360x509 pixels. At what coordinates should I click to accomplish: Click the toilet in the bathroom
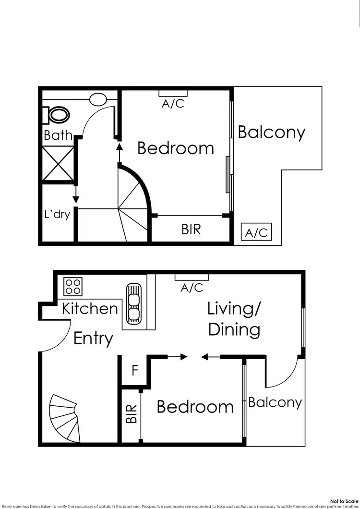[x=58, y=115]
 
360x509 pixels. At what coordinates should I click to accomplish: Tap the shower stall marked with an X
[x=58, y=164]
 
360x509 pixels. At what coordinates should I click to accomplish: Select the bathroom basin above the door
[x=98, y=99]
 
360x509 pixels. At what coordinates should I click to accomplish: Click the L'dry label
[x=57, y=214]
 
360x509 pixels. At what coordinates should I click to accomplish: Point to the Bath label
[x=58, y=135]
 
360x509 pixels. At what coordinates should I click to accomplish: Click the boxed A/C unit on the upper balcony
[x=256, y=232]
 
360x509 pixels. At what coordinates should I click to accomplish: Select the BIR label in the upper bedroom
[x=191, y=229]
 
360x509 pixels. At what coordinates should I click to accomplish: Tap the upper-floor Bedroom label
[x=175, y=148]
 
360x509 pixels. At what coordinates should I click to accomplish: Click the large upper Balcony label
[x=271, y=132]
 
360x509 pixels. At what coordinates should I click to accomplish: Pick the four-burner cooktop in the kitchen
[x=73, y=287]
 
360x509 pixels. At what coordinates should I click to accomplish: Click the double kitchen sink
[x=133, y=302]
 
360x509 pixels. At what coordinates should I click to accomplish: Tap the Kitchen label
[x=90, y=308]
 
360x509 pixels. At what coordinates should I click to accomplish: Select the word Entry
[x=93, y=339]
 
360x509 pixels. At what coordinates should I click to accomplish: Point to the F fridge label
[x=135, y=371]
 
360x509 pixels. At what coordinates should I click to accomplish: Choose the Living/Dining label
[x=234, y=319]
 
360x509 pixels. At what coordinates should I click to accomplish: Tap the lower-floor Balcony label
[x=275, y=402]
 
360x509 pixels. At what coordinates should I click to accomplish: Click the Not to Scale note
[x=344, y=500]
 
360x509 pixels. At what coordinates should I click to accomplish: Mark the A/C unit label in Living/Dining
[x=192, y=288]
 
